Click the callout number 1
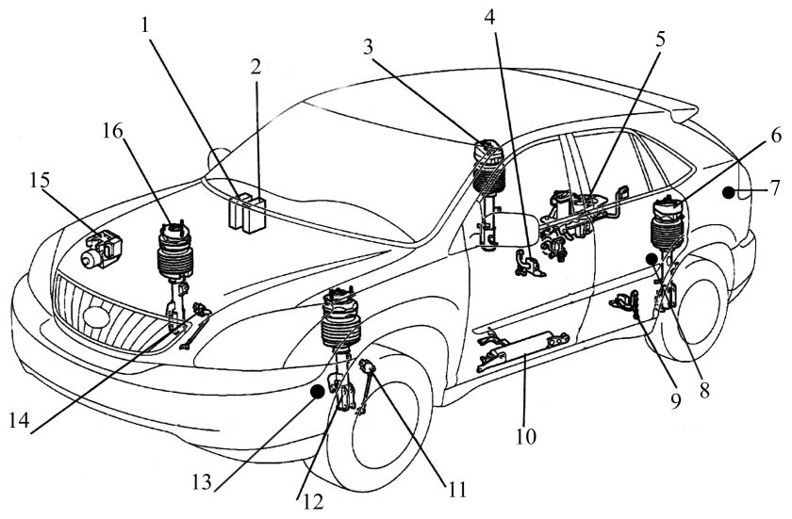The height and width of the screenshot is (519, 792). click(x=147, y=24)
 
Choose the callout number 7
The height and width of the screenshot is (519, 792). click(x=773, y=188)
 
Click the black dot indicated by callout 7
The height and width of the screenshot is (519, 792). click(x=729, y=191)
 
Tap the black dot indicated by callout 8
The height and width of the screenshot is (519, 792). click(x=652, y=258)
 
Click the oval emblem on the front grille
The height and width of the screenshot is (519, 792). click(x=95, y=316)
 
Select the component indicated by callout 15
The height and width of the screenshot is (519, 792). click(x=102, y=245)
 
